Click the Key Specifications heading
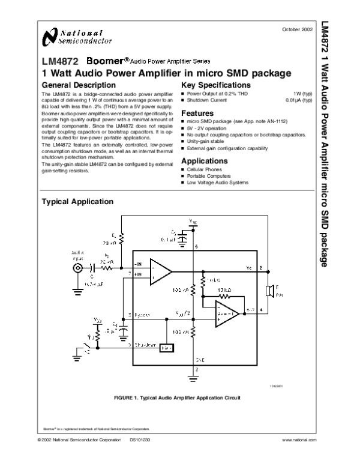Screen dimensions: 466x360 (216, 85)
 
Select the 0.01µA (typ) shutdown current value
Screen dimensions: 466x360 (299, 100)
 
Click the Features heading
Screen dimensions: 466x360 (197, 113)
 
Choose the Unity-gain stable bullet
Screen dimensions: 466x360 (206, 141)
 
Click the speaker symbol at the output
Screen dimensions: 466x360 (270, 291)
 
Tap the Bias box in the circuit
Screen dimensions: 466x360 (166, 348)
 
